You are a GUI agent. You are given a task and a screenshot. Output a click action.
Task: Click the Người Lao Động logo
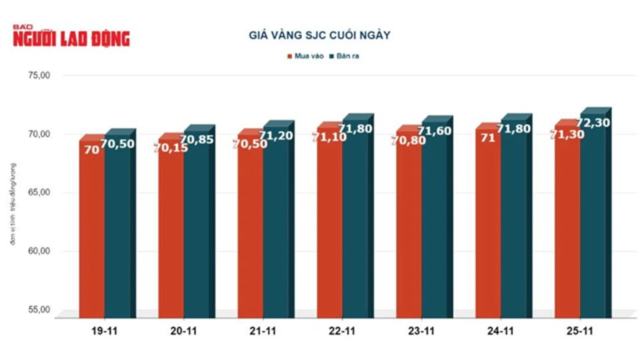(x=71, y=37)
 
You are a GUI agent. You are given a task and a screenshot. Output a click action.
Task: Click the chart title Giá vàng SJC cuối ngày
(x=319, y=35)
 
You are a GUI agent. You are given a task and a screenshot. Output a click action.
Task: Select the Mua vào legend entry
(x=305, y=56)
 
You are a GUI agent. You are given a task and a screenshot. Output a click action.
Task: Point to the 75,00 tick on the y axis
(x=39, y=76)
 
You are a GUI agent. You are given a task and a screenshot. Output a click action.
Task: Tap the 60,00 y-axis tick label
(x=39, y=251)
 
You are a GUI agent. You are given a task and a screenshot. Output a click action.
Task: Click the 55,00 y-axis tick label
(x=39, y=310)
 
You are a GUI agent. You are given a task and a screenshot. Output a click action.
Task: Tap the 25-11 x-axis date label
(x=580, y=331)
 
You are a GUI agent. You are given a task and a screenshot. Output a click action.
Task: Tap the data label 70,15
(x=170, y=147)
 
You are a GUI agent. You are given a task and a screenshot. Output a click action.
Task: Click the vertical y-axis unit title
(x=13, y=203)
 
